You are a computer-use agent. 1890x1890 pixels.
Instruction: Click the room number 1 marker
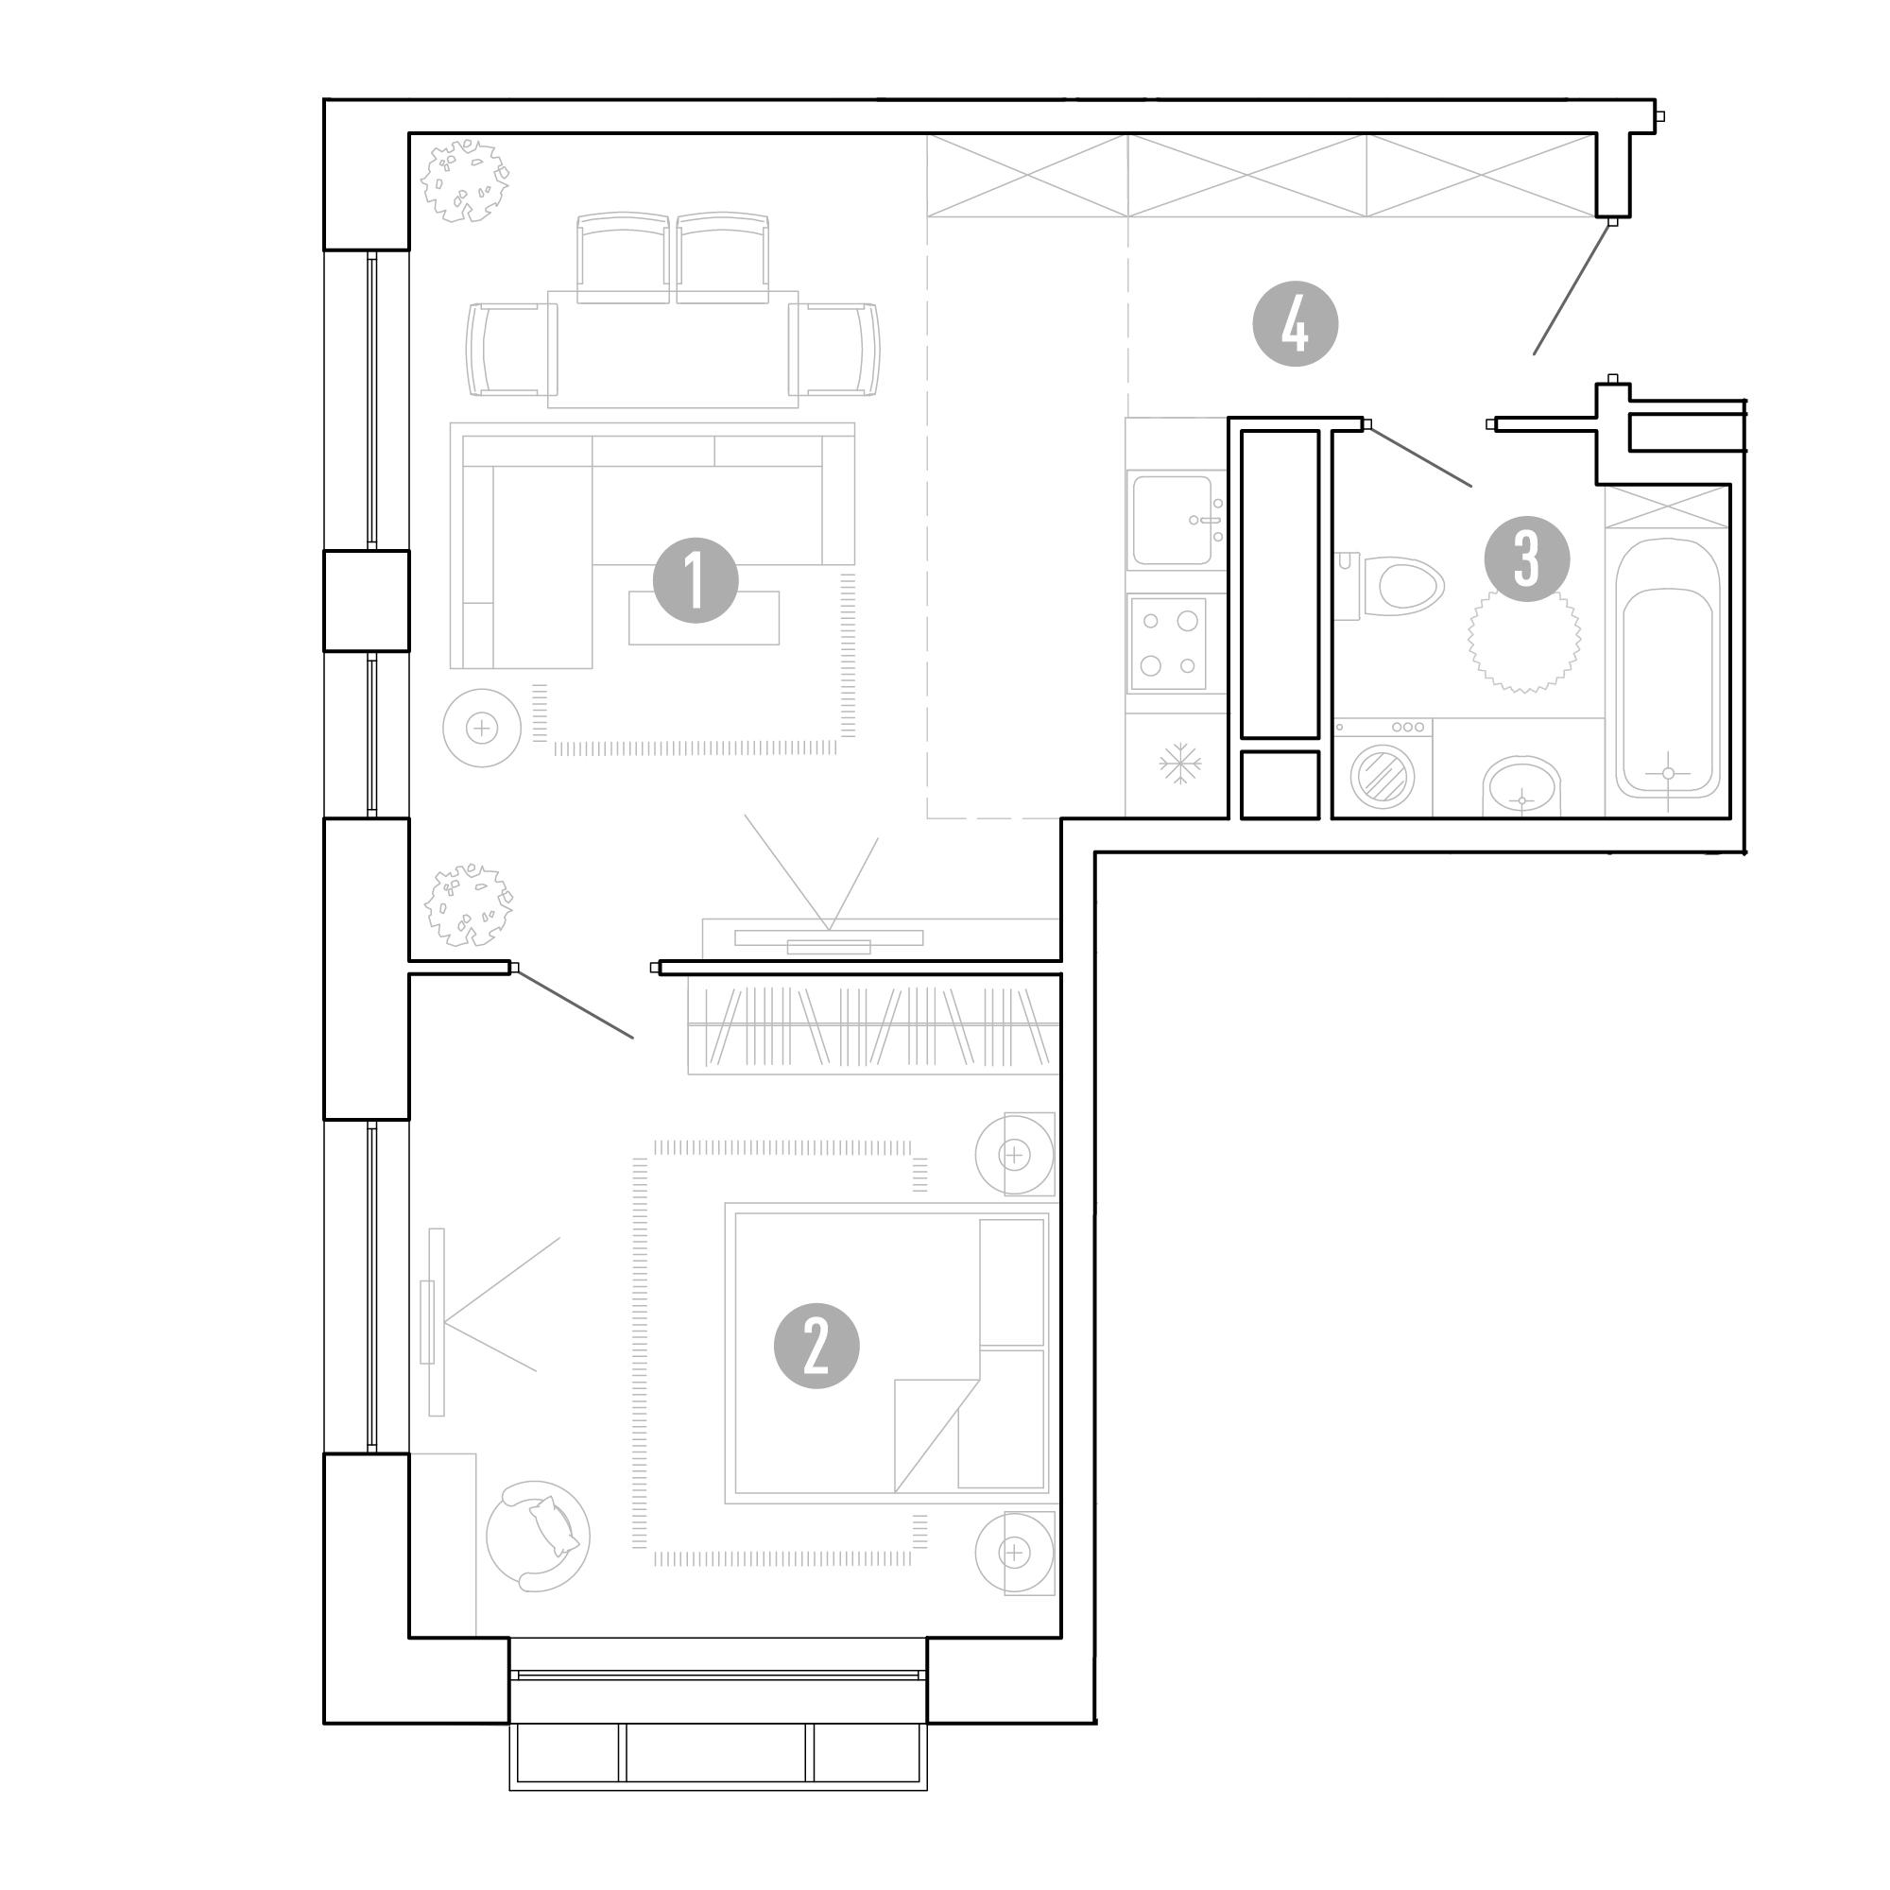696,580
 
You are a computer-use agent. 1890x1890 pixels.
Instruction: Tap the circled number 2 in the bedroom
816,1346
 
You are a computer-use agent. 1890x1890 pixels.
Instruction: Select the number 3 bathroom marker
1527,558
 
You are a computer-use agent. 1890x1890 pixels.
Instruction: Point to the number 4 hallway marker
1296,325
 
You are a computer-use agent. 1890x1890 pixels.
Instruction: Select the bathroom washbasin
1521,787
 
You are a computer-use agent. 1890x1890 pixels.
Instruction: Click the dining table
673,349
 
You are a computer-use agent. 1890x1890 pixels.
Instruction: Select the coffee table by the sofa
704,617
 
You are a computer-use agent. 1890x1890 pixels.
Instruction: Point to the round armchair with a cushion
538,1537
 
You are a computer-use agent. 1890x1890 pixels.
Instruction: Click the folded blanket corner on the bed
937,1435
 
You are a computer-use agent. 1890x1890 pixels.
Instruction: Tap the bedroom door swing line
575,1003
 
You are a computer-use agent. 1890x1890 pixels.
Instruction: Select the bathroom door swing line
1419,455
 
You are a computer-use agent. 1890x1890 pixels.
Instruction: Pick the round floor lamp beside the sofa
481,728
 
